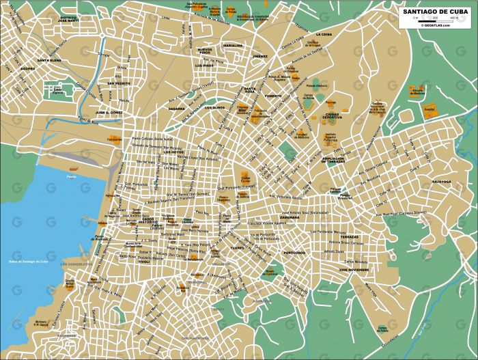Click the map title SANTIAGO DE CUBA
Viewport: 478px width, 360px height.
(x=434, y=12)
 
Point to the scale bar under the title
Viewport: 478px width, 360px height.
(x=434, y=21)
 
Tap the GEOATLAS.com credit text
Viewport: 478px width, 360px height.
(x=435, y=26)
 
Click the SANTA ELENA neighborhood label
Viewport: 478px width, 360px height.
(x=50, y=60)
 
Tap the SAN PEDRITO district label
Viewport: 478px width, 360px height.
(x=118, y=83)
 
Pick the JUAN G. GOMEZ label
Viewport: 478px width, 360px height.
(x=109, y=111)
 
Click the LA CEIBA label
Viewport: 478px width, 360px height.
(x=324, y=33)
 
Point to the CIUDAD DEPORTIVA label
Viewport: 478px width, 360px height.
(x=333, y=117)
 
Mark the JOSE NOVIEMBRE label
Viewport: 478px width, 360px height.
(x=354, y=271)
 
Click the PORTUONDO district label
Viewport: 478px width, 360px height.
(x=295, y=252)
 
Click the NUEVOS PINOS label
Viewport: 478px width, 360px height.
(x=205, y=51)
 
